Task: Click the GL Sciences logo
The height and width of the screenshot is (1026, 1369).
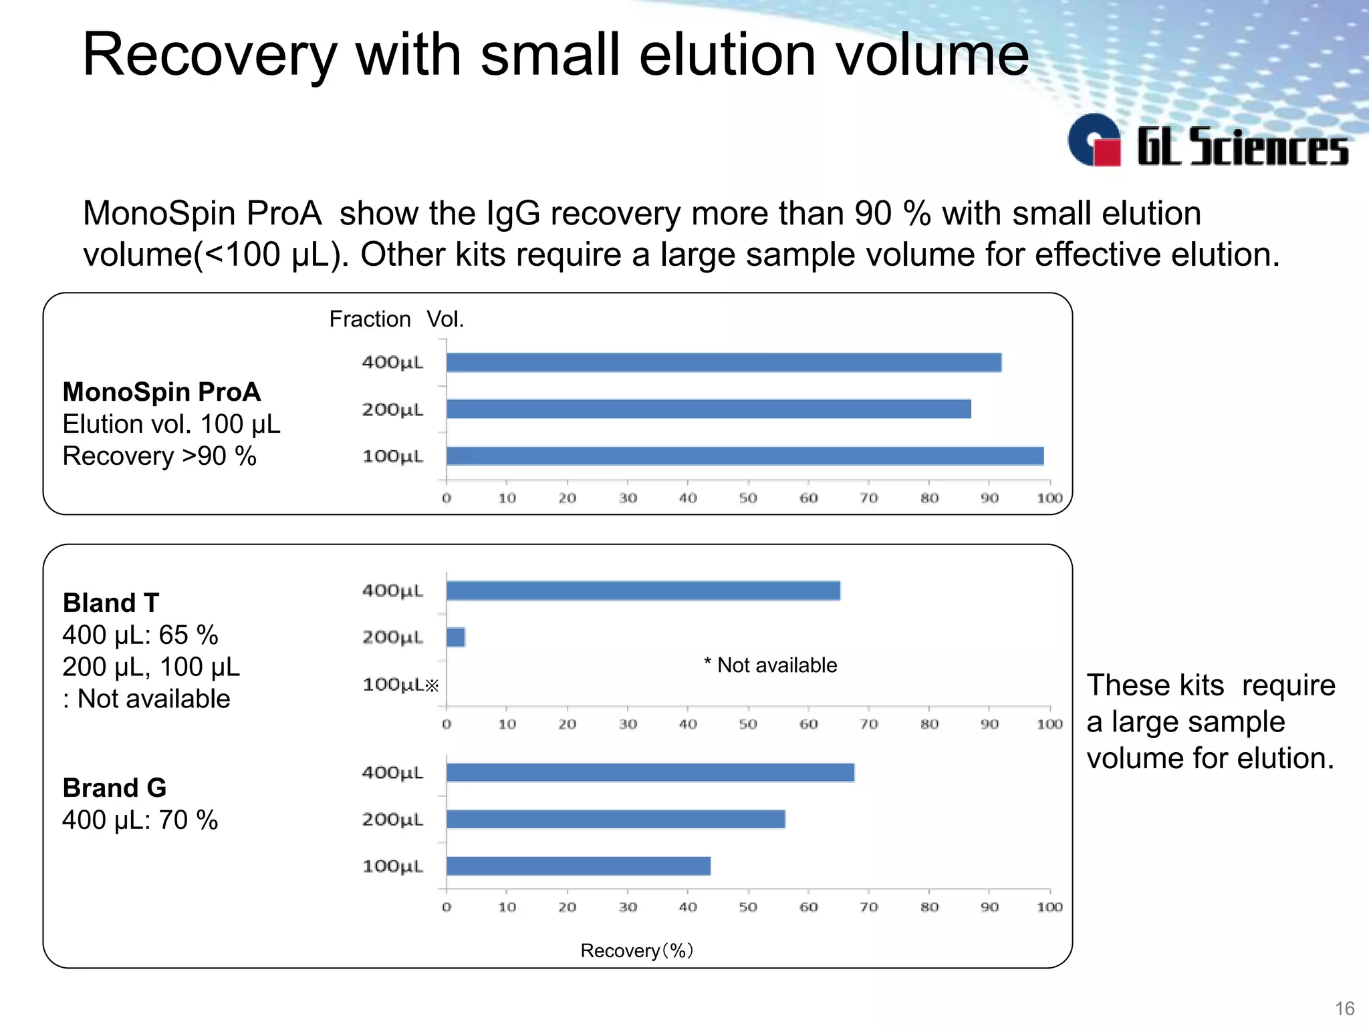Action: (1207, 142)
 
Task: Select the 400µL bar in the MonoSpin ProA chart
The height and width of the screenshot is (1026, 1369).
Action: (724, 363)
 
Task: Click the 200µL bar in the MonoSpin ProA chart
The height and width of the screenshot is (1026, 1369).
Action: (709, 409)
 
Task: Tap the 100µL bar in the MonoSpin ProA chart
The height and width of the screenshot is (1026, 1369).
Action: (745, 456)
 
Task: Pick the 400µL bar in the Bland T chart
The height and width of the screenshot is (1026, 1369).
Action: (643, 591)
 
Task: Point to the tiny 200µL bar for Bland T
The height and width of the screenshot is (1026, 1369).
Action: (456, 637)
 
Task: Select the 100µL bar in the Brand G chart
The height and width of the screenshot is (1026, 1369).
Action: (578, 866)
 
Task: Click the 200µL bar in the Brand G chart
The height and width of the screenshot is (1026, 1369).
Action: (616, 820)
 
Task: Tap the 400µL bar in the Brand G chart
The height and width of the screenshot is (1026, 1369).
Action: (650, 773)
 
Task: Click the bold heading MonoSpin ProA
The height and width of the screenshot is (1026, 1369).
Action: (162, 392)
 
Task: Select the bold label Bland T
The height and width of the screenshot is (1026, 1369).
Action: (111, 603)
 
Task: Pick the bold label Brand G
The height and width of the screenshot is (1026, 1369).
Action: (114, 788)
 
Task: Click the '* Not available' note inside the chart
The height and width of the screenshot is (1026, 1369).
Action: (770, 665)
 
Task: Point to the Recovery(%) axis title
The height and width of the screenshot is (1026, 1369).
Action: (636, 951)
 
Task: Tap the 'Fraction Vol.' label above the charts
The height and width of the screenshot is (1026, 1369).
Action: (396, 319)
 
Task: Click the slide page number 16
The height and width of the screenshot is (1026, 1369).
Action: (1344, 1008)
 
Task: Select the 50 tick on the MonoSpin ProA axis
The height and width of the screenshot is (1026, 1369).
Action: (748, 498)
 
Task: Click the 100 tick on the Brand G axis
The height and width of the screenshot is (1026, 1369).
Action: (1049, 907)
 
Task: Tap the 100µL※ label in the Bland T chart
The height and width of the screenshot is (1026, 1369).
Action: (400, 685)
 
